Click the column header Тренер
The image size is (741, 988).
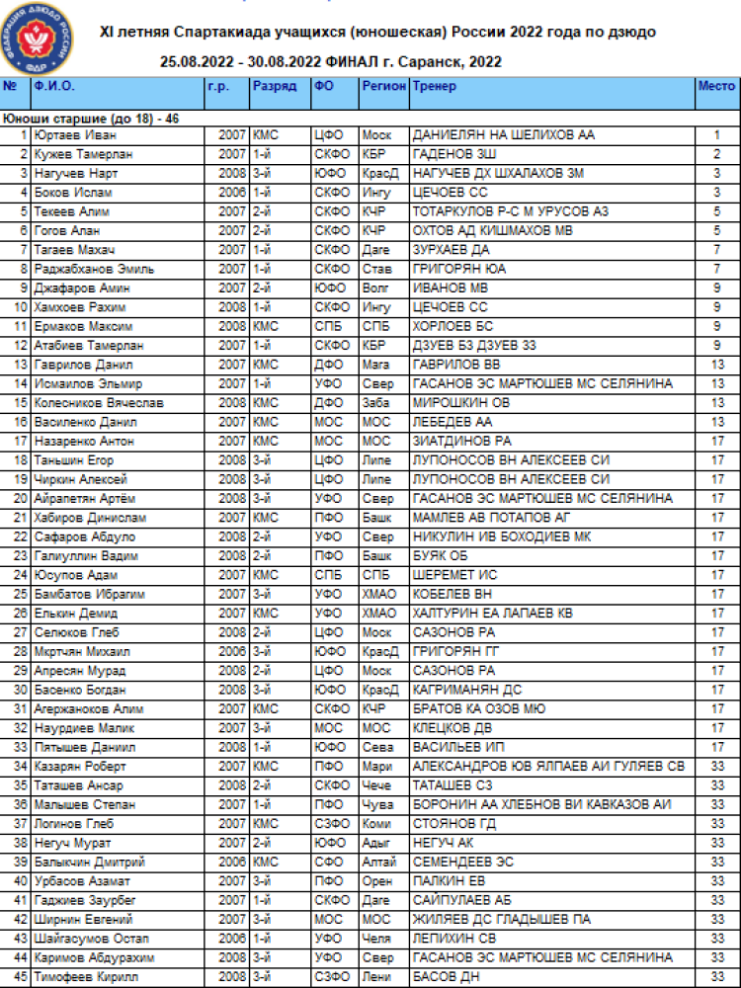point(434,87)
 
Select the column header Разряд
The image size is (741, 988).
point(274,87)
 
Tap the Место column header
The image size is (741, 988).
point(715,87)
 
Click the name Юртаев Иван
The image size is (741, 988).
point(68,135)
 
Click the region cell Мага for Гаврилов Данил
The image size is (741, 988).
point(375,365)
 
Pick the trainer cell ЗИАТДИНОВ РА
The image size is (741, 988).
point(461,442)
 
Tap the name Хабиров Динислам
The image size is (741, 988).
point(81,518)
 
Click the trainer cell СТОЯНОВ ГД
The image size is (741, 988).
point(453,824)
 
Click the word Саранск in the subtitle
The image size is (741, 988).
point(428,62)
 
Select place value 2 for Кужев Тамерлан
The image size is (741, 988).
point(714,154)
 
